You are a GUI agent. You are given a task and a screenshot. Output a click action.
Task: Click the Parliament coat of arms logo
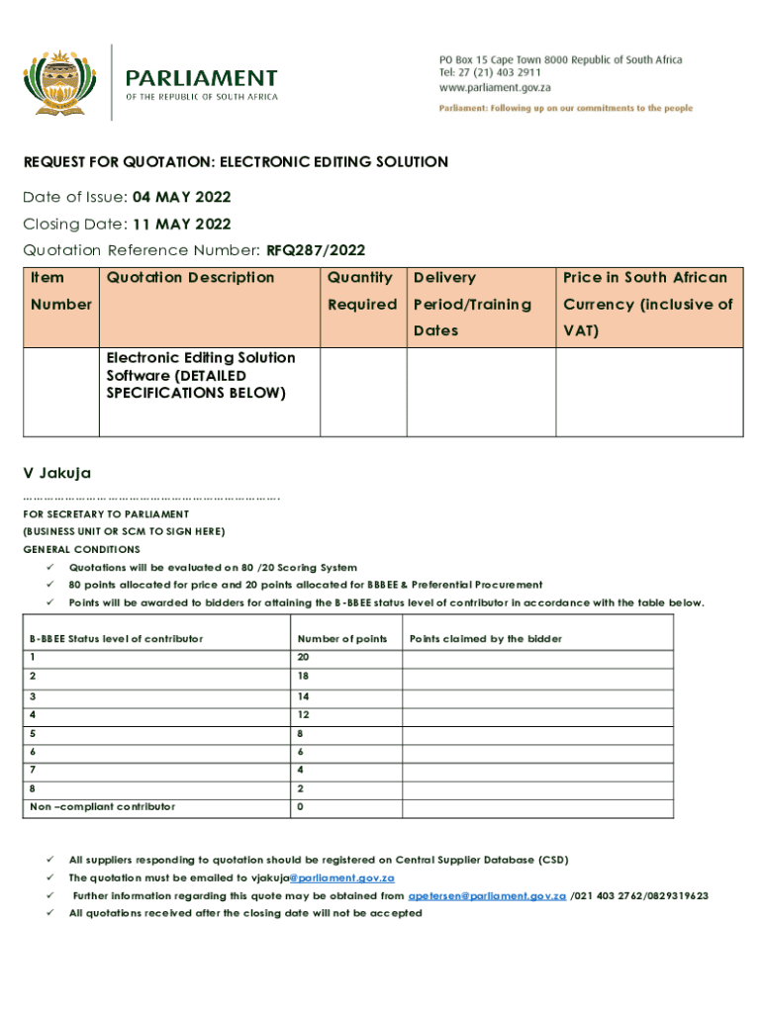click(x=62, y=82)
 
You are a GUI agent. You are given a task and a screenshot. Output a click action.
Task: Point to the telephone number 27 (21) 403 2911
click(x=500, y=73)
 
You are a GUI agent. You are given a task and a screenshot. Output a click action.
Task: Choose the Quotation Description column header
click(x=190, y=278)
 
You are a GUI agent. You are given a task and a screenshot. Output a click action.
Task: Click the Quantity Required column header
click(x=361, y=291)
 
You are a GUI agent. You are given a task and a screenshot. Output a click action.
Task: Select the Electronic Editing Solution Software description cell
click(x=201, y=375)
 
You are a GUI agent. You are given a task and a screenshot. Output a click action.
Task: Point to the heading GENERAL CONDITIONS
click(x=82, y=549)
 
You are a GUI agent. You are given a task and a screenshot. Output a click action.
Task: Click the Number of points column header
click(x=342, y=639)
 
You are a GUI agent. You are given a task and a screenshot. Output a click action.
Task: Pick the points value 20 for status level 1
click(x=303, y=658)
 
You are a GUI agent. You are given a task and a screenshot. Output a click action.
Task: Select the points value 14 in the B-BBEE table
click(x=303, y=696)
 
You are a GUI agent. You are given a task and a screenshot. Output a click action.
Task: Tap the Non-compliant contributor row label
click(x=103, y=807)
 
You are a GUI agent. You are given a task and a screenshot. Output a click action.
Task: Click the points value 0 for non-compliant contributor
click(x=300, y=807)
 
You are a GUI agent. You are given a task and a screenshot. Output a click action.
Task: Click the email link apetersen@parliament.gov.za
click(x=487, y=895)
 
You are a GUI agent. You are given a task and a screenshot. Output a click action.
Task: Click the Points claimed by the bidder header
click(x=485, y=639)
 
